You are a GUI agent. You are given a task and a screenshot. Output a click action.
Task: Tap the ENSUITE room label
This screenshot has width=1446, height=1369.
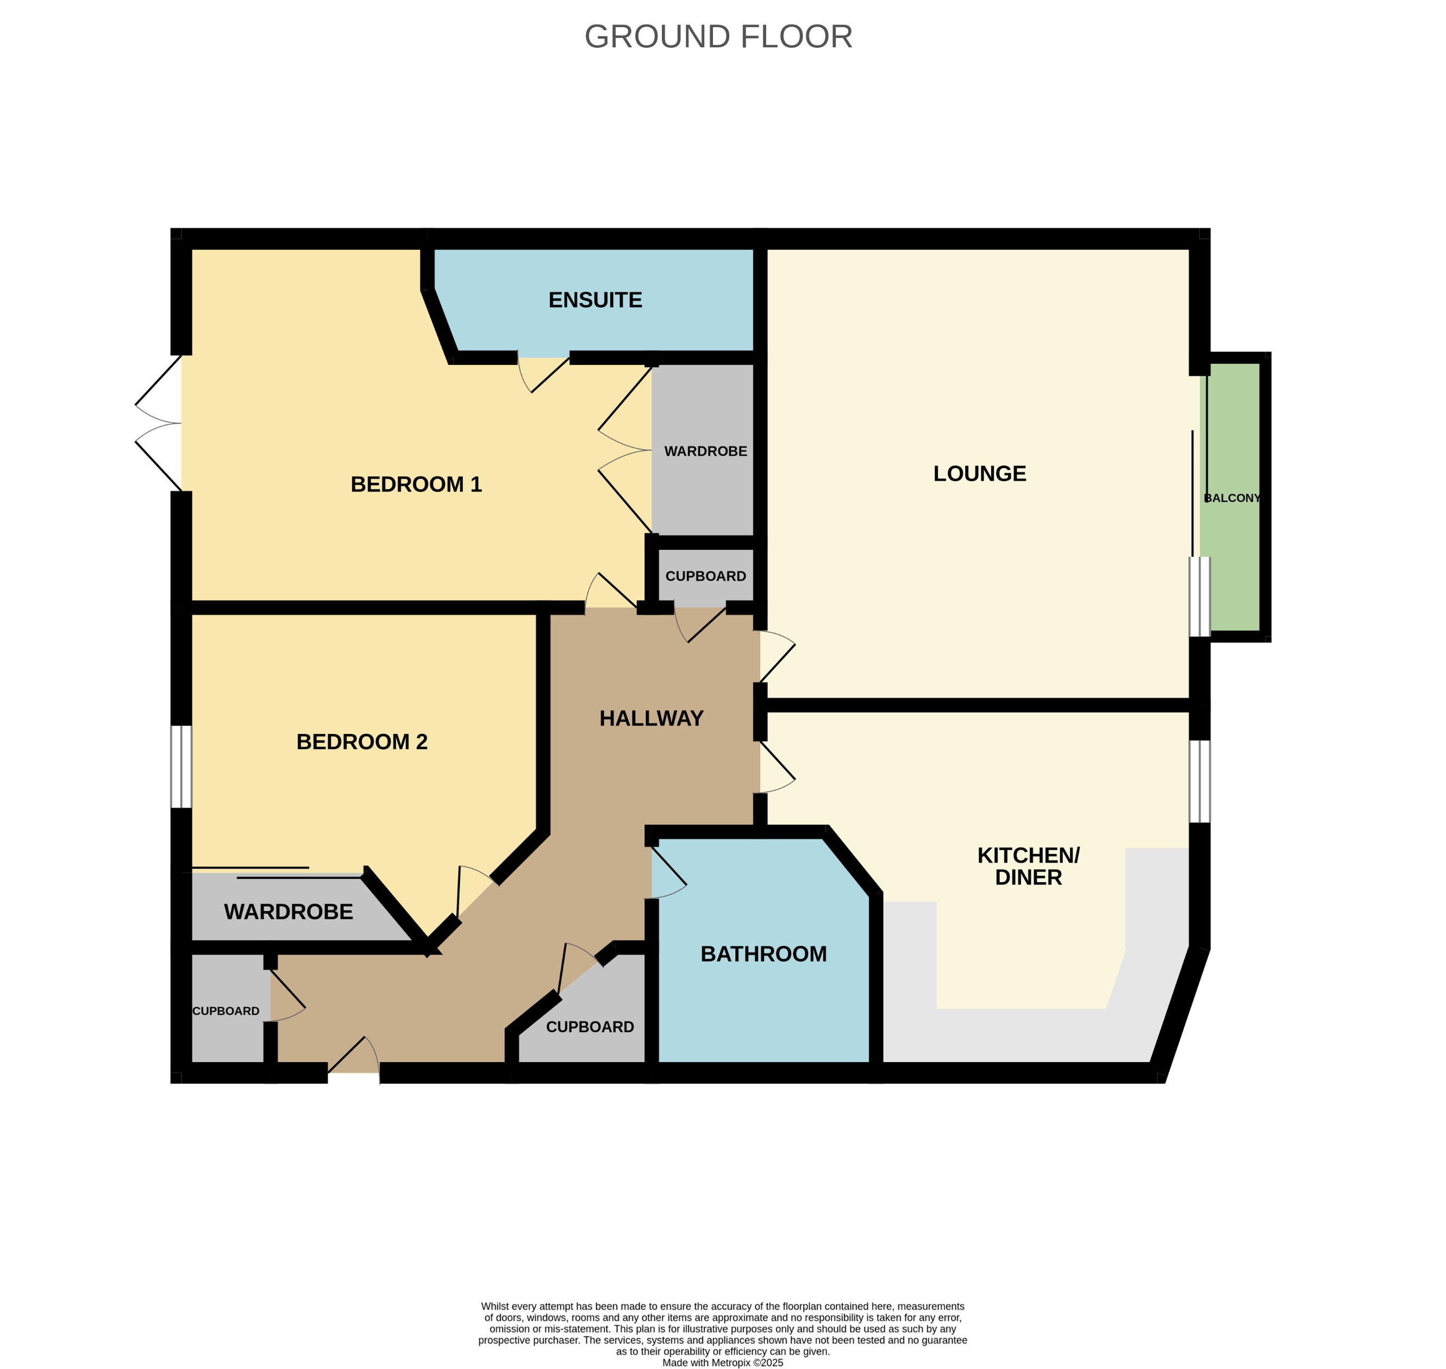tap(595, 300)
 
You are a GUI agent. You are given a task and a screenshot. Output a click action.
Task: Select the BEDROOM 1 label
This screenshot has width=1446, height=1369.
tap(416, 484)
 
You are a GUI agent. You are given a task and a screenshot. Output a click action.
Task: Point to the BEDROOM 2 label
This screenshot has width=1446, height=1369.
tap(361, 742)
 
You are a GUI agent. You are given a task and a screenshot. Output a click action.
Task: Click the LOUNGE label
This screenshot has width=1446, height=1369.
tap(980, 474)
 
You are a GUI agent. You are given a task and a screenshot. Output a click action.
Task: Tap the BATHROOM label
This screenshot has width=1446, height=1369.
tap(763, 954)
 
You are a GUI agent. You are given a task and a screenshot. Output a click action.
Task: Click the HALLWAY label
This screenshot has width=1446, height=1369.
tap(651, 718)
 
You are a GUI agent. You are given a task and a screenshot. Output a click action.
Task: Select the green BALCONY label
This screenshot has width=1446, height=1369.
tap(1232, 498)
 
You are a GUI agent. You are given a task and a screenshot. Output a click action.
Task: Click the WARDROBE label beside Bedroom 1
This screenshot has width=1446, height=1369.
tap(705, 451)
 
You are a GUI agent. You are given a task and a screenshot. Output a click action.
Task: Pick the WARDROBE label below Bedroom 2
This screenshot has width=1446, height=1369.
tap(289, 912)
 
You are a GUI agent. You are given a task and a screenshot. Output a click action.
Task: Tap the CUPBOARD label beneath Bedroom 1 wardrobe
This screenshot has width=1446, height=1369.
tap(705, 576)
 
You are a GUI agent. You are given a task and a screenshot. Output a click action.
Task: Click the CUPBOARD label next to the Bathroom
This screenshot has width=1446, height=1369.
tap(590, 1027)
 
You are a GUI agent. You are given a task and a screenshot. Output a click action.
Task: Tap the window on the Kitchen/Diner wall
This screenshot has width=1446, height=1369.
tap(1199, 782)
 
